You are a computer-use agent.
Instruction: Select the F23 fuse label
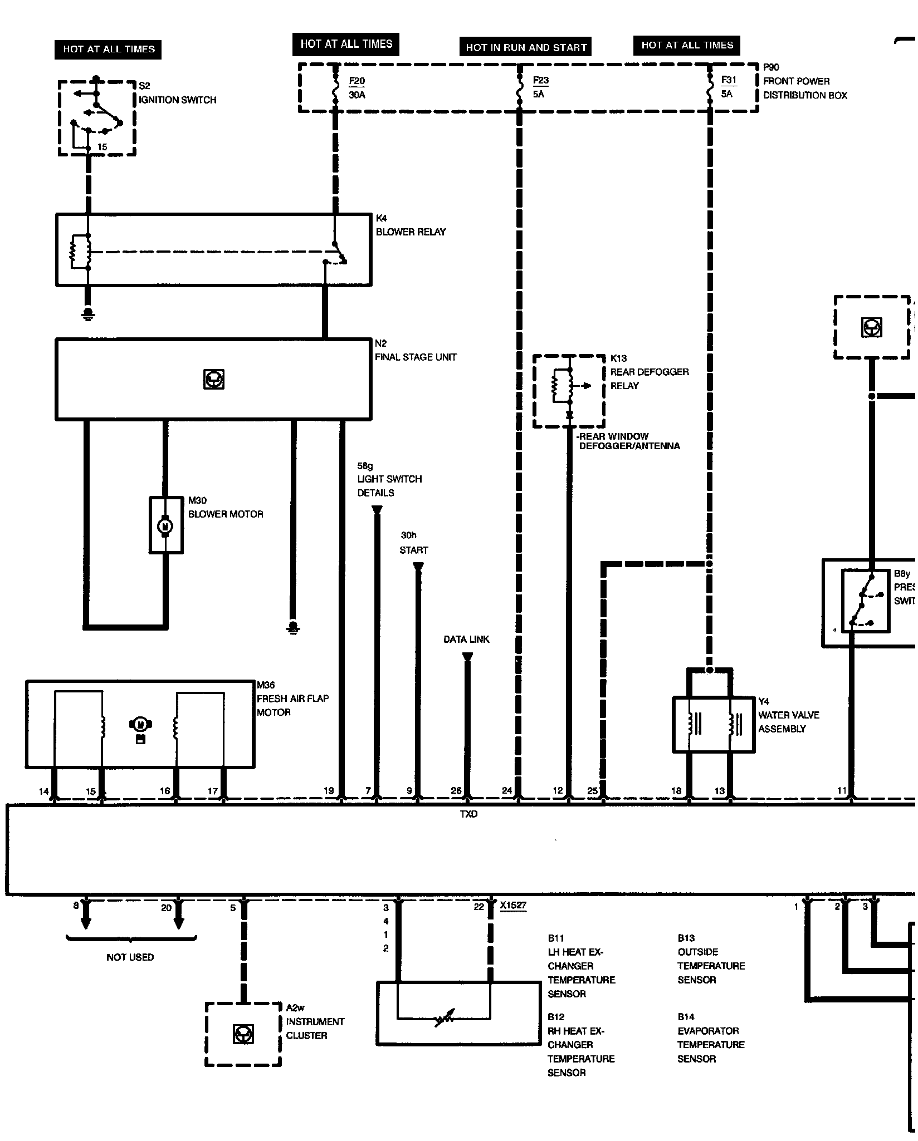540,81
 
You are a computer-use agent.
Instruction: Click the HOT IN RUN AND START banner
526,47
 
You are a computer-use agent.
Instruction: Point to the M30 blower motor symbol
165,525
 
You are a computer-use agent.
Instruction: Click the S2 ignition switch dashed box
97,118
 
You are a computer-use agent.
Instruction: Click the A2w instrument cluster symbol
243,1034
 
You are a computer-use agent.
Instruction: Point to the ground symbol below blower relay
87,314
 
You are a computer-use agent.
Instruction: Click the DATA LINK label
466,640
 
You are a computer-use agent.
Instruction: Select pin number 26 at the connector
456,791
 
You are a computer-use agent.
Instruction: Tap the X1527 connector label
513,906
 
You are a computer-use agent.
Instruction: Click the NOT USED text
130,957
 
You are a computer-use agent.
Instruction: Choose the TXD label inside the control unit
468,814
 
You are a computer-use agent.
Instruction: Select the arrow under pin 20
179,922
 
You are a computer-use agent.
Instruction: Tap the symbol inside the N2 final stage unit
213,380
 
